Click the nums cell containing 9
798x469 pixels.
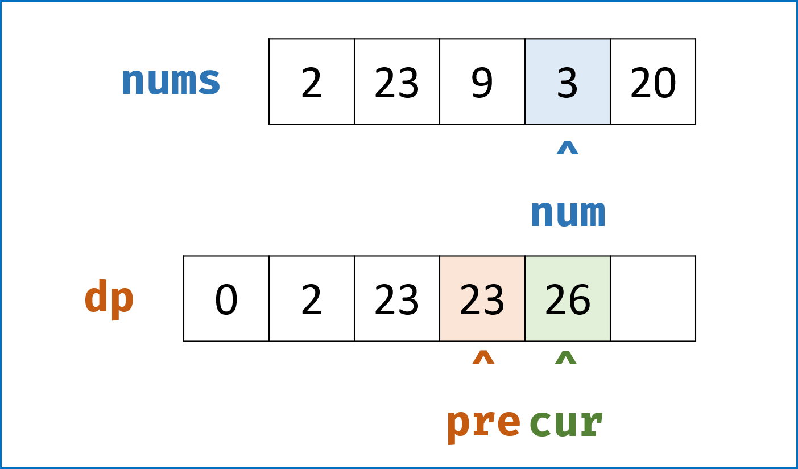[482, 81]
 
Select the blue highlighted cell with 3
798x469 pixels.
[568, 81]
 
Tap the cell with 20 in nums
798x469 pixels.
[653, 81]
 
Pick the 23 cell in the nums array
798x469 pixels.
[397, 81]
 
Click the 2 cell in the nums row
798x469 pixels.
[312, 81]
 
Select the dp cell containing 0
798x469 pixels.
[226, 299]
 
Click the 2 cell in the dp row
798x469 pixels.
[312, 299]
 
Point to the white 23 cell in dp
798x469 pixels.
[397, 299]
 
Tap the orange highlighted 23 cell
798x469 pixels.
[482, 299]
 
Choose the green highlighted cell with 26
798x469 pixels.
[568, 299]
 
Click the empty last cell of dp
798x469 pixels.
[653, 299]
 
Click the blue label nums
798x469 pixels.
[171, 81]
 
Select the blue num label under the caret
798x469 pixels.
[568, 213]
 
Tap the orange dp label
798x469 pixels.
[109, 299]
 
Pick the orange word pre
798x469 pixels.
[483, 426]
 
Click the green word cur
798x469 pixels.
[566, 423]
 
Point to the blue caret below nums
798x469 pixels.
[568, 147]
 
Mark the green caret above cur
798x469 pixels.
[566, 357]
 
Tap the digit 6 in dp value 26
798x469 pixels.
[579, 299]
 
